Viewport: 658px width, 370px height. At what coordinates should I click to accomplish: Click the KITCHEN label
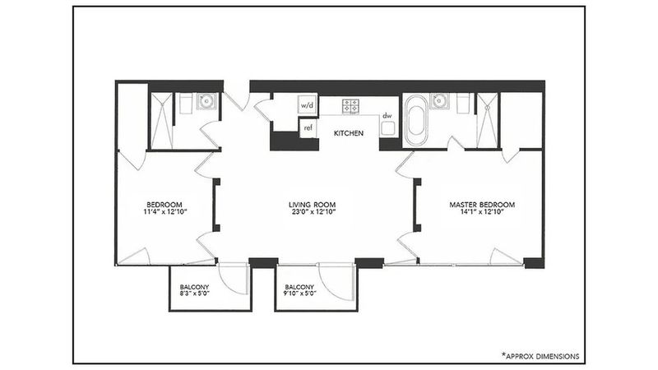coord(348,133)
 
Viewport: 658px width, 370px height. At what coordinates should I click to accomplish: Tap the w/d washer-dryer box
coord(307,105)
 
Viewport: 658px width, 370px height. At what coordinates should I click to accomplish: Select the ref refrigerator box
coord(308,128)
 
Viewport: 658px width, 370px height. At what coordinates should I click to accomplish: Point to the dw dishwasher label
coord(387,115)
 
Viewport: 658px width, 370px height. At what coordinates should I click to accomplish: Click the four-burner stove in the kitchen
coord(351,106)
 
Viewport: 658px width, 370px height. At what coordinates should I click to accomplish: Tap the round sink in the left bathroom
coord(206,101)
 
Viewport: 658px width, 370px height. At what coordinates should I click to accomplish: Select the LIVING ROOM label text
coord(313,205)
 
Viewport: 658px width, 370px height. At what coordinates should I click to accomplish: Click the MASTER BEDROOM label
coord(482,205)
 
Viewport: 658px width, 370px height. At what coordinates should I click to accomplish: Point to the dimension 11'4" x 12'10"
coord(165,212)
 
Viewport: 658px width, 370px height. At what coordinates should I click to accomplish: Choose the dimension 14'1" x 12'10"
coord(482,212)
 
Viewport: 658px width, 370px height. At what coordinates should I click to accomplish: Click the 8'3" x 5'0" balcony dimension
coord(194,294)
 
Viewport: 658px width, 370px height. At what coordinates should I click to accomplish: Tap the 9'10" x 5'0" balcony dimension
coord(300,294)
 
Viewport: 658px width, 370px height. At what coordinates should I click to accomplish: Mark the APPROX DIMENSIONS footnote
coord(540,356)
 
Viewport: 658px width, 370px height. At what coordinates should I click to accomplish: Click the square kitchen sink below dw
coord(387,129)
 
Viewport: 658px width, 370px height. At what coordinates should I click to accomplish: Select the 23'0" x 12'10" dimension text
coord(313,212)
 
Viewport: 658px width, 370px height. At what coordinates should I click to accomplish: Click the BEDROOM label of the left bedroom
coord(165,205)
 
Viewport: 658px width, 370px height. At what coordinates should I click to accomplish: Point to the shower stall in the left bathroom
coord(161,121)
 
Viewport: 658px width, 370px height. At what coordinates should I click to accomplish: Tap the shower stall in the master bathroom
coord(488,121)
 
